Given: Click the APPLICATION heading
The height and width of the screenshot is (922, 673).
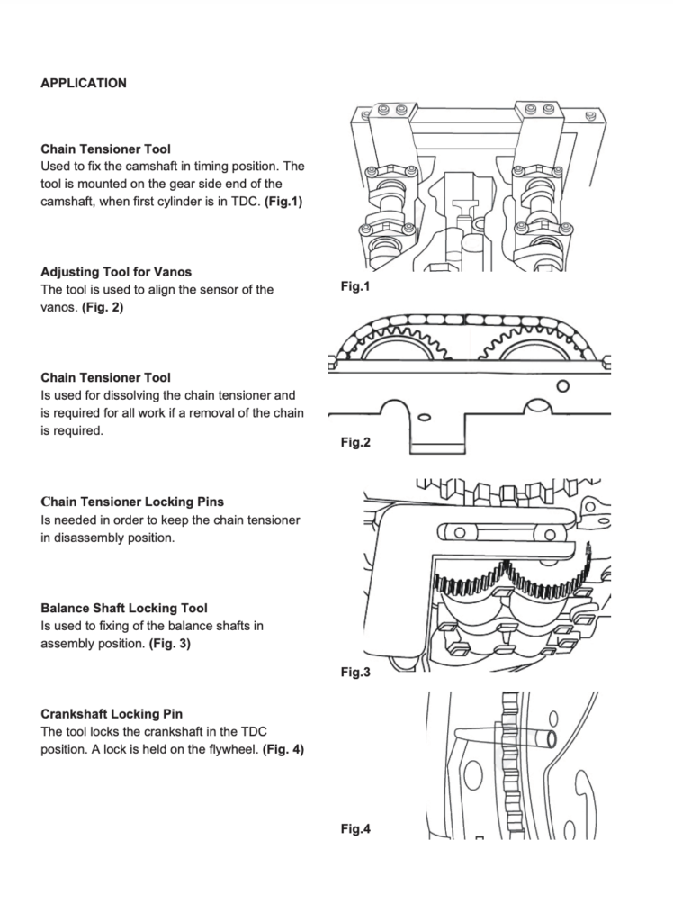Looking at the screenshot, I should tap(84, 84).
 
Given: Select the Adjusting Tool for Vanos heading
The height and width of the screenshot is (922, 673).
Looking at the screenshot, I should tap(116, 271).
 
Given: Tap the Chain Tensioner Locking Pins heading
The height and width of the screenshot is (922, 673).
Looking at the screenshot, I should tap(132, 502).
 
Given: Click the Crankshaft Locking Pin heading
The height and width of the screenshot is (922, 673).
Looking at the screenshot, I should tap(111, 713).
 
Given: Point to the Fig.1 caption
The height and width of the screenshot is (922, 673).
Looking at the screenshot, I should tap(354, 287).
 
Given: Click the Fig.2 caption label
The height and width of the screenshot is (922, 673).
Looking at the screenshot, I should tap(355, 442).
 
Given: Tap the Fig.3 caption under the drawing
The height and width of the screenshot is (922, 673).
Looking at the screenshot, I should tap(355, 672).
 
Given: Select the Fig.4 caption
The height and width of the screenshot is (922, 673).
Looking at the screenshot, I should tap(355, 829).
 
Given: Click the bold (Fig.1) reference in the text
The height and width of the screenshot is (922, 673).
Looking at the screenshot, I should tap(283, 202).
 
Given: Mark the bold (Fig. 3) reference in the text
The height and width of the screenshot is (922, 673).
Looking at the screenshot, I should tap(169, 644).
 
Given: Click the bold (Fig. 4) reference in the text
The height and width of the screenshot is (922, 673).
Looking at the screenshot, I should tap(283, 749).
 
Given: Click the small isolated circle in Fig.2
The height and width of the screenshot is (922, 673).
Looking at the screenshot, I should tap(563, 385).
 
